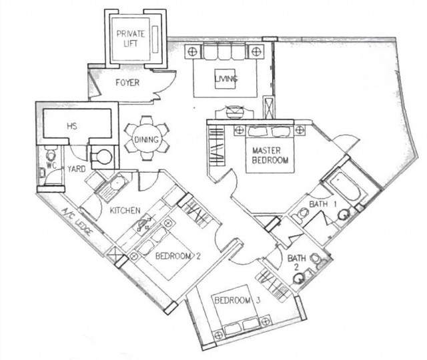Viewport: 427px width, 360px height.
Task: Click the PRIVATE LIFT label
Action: (x=131, y=38)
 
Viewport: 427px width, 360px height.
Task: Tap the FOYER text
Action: (x=127, y=83)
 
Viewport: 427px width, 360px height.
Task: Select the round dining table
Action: (x=147, y=139)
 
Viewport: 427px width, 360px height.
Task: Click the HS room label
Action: (x=72, y=126)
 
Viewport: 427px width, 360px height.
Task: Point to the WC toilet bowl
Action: (x=51, y=155)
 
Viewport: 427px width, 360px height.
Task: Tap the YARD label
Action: (x=77, y=169)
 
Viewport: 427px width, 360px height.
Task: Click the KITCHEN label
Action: (x=125, y=211)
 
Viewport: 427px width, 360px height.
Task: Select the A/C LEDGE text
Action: (x=77, y=222)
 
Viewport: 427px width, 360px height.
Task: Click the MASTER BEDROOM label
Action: (x=270, y=155)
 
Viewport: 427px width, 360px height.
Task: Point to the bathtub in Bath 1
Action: (x=346, y=187)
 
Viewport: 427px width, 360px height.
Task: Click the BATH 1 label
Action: (x=323, y=204)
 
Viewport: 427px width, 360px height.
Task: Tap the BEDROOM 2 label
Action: (x=178, y=256)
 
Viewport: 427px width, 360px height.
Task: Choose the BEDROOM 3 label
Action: (x=238, y=301)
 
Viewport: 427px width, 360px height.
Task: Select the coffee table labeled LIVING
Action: (x=226, y=79)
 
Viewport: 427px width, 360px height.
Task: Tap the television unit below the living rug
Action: (x=234, y=112)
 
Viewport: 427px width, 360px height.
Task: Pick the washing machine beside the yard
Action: (x=101, y=157)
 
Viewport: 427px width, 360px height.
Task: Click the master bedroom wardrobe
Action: (x=217, y=147)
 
